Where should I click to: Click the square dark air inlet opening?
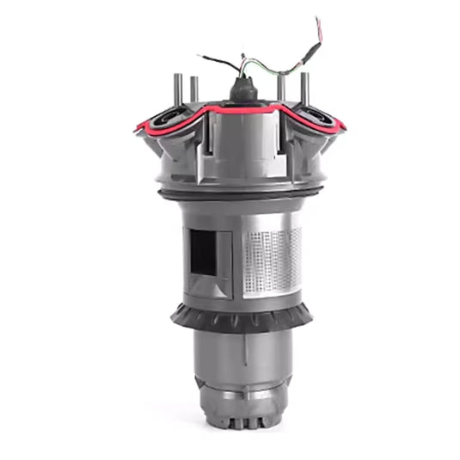[204, 252]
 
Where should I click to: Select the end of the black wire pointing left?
[199, 57]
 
